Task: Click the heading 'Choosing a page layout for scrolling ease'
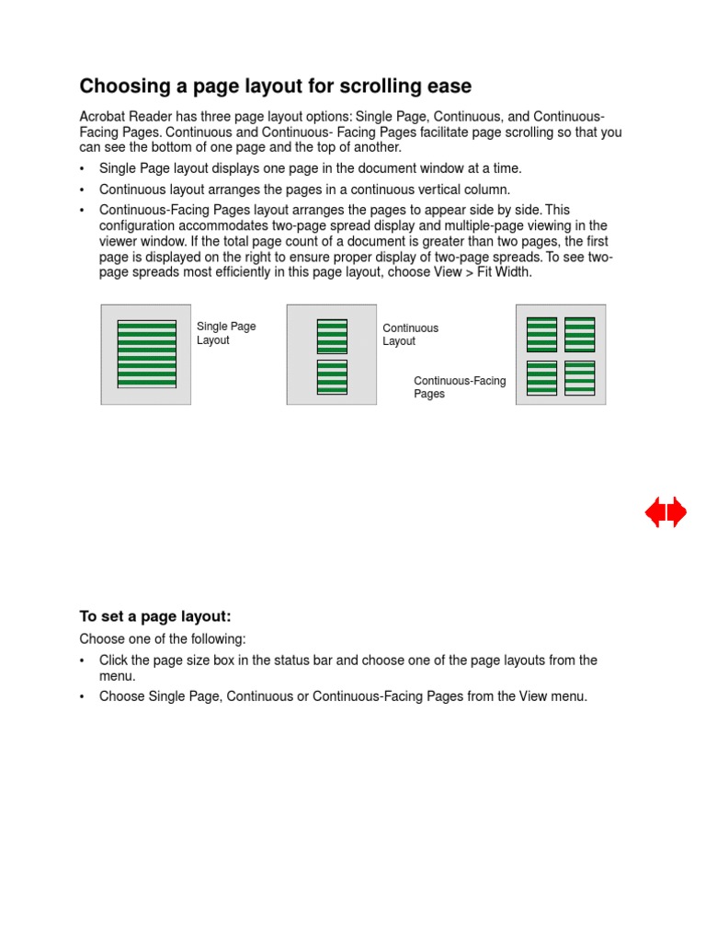point(275,86)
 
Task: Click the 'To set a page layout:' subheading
point(154,616)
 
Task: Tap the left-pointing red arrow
point(655,512)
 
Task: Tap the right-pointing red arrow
point(677,512)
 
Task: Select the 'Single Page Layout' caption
point(226,333)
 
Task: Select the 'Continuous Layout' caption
point(410,335)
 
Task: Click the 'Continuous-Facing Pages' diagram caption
point(459,387)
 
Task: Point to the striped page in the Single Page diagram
point(146,354)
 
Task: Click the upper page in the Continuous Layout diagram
point(332,336)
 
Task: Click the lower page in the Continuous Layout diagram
point(332,377)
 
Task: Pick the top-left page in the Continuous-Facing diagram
point(541,335)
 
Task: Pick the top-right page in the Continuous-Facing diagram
point(579,335)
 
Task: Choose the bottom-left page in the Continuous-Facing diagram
point(541,378)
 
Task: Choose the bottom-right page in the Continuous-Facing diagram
point(579,378)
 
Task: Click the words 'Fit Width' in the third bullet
point(504,272)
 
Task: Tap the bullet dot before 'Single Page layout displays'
point(83,169)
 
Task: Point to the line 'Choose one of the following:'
point(163,638)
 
